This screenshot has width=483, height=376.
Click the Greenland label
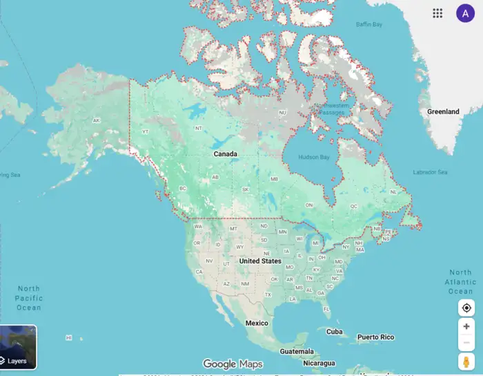coord(443,111)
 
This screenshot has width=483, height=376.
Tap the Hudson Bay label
coord(314,157)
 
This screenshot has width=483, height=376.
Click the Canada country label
coord(225,153)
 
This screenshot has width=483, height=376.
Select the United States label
coord(260,261)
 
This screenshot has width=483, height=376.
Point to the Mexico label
coord(257,323)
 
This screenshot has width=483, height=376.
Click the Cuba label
coord(334,331)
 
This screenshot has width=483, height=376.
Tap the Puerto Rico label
coord(375,337)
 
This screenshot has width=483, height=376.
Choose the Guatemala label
coord(297,351)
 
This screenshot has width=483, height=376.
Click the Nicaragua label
coord(318,363)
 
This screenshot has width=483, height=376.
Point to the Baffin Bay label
coord(368,25)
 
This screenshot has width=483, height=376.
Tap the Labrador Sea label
coord(430,172)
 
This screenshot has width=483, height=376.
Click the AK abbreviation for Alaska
coord(96,120)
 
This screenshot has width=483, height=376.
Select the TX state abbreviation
coord(268,294)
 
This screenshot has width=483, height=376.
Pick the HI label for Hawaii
coord(68,337)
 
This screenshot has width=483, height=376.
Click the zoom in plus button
coord(466,326)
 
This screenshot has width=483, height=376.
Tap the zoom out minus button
coord(466,342)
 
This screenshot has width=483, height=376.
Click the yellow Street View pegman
coord(466,361)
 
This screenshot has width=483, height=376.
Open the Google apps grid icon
coord(437,13)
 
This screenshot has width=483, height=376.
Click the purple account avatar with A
coord(465,13)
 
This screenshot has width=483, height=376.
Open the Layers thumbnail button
coord(18,348)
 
